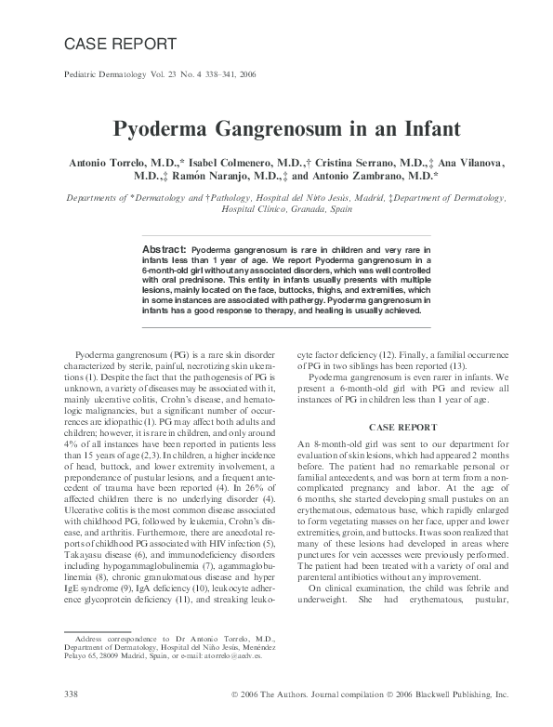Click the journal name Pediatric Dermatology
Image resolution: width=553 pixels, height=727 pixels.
(102, 73)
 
